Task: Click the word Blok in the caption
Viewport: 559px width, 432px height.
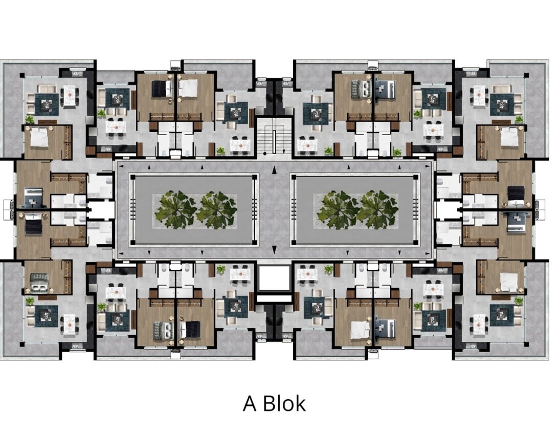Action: click(x=284, y=403)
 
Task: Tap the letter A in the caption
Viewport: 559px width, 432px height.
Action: click(x=250, y=404)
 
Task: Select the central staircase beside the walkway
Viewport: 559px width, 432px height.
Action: click(x=274, y=136)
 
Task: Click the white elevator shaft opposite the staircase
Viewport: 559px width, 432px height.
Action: click(x=274, y=278)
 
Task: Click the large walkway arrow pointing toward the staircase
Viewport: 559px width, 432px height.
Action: click(x=274, y=170)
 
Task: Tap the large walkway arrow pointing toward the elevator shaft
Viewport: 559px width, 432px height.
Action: click(x=274, y=249)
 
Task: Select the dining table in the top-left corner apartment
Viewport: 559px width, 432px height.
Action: click(x=70, y=96)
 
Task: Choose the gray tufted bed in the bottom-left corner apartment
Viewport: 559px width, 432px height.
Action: click(x=40, y=283)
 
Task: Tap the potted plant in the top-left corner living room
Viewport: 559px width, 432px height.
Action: click(x=29, y=119)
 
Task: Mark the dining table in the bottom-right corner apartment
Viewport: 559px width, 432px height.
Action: click(x=478, y=325)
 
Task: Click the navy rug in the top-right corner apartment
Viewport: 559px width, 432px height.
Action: click(x=502, y=104)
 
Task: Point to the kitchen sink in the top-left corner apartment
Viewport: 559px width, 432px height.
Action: click(x=77, y=74)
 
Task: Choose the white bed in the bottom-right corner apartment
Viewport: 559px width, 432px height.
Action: click(x=509, y=282)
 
